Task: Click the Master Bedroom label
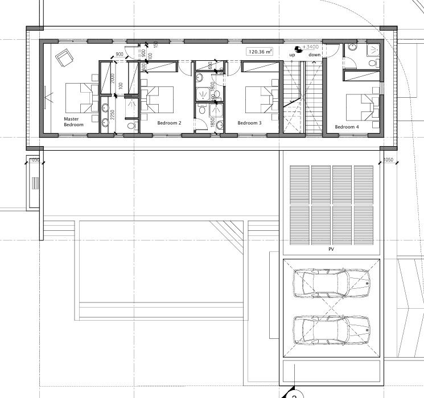73,122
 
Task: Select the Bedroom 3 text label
249,123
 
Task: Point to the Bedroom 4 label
347,127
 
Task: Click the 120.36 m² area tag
260,51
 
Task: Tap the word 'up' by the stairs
292,55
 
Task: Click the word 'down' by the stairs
315,55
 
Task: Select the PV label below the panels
331,250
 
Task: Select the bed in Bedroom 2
158,100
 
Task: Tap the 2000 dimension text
113,78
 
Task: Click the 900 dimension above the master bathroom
120,55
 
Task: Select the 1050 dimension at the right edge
389,160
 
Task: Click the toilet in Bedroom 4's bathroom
373,63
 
